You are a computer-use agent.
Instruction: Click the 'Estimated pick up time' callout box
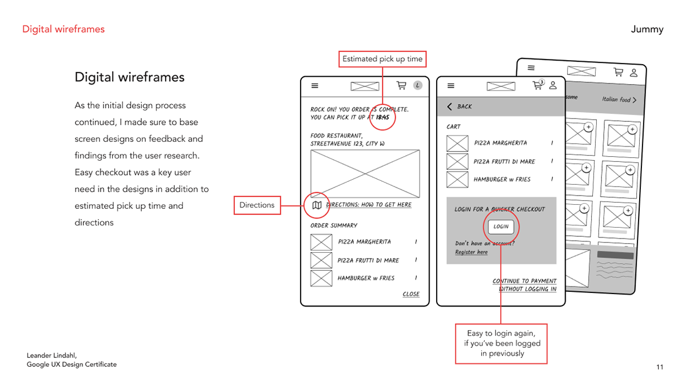(382, 59)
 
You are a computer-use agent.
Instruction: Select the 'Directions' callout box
(257, 205)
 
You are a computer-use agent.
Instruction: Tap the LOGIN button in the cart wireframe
(501, 227)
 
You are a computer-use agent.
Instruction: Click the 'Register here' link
(471, 252)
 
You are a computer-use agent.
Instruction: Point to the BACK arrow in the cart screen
(450, 107)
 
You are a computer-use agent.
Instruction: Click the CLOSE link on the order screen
(411, 294)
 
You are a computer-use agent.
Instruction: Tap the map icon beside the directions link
(317, 205)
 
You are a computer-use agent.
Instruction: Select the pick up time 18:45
(382, 117)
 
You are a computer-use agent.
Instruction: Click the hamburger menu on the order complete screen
(314, 86)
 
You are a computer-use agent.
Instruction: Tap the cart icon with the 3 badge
(537, 85)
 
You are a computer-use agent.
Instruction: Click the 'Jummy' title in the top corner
(647, 29)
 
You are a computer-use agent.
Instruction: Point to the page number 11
(660, 367)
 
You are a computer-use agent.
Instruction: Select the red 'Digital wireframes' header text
(63, 29)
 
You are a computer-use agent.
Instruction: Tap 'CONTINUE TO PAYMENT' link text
(524, 281)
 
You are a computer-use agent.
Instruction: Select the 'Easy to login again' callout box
(501, 344)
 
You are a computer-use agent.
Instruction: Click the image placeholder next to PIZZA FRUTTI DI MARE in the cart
(457, 161)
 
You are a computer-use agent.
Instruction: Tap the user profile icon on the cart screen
(553, 86)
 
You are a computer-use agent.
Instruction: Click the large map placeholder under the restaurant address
(365, 173)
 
